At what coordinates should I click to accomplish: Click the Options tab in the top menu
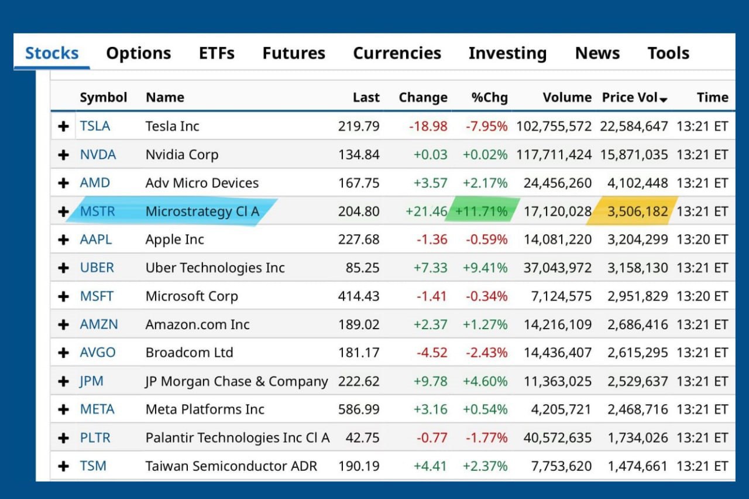click(139, 53)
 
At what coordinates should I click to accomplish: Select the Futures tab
click(294, 53)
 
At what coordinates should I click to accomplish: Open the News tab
click(597, 53)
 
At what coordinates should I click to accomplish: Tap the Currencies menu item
click(397, 53)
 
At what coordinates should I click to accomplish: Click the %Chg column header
click(489, 97)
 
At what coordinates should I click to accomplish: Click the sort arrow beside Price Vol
click(664, 100)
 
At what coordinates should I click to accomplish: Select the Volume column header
click(567, 97)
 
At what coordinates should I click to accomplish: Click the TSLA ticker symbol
click(95, 126)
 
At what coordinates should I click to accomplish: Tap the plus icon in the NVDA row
click(64, 155)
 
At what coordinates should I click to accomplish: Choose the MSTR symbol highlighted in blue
click(98, 211)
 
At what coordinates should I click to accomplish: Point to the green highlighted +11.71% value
click(481, 211)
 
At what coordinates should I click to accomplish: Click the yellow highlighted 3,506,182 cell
click(637, 211)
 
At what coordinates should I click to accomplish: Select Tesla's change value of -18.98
click(428, 127)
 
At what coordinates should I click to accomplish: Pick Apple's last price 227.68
click(359, 240)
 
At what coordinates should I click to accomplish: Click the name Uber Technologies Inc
click(215, 268)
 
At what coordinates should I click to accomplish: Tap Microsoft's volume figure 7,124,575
click(561, 296)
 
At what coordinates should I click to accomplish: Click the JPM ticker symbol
click(92, 381)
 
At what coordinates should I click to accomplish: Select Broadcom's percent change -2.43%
click(486, 353)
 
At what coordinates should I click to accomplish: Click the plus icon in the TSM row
click(64, 466)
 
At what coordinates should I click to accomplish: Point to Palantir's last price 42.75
click(362, 438)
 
